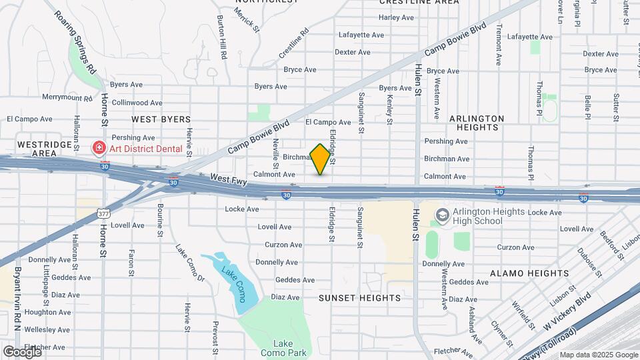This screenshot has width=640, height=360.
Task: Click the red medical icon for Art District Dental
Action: (x=99, y=147)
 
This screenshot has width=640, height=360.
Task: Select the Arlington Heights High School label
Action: (x=487, y=216)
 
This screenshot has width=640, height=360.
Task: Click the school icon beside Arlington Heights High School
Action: (x=442, y=214)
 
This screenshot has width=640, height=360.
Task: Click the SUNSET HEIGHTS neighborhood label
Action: (x=360, y=297)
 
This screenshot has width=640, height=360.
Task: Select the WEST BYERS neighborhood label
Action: (x=161, y=119)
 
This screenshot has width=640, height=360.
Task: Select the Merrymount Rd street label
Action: (x=67, y=98)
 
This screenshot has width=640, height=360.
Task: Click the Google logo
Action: (x=22, y=351)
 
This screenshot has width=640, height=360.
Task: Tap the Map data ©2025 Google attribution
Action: (x=598, y=355)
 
